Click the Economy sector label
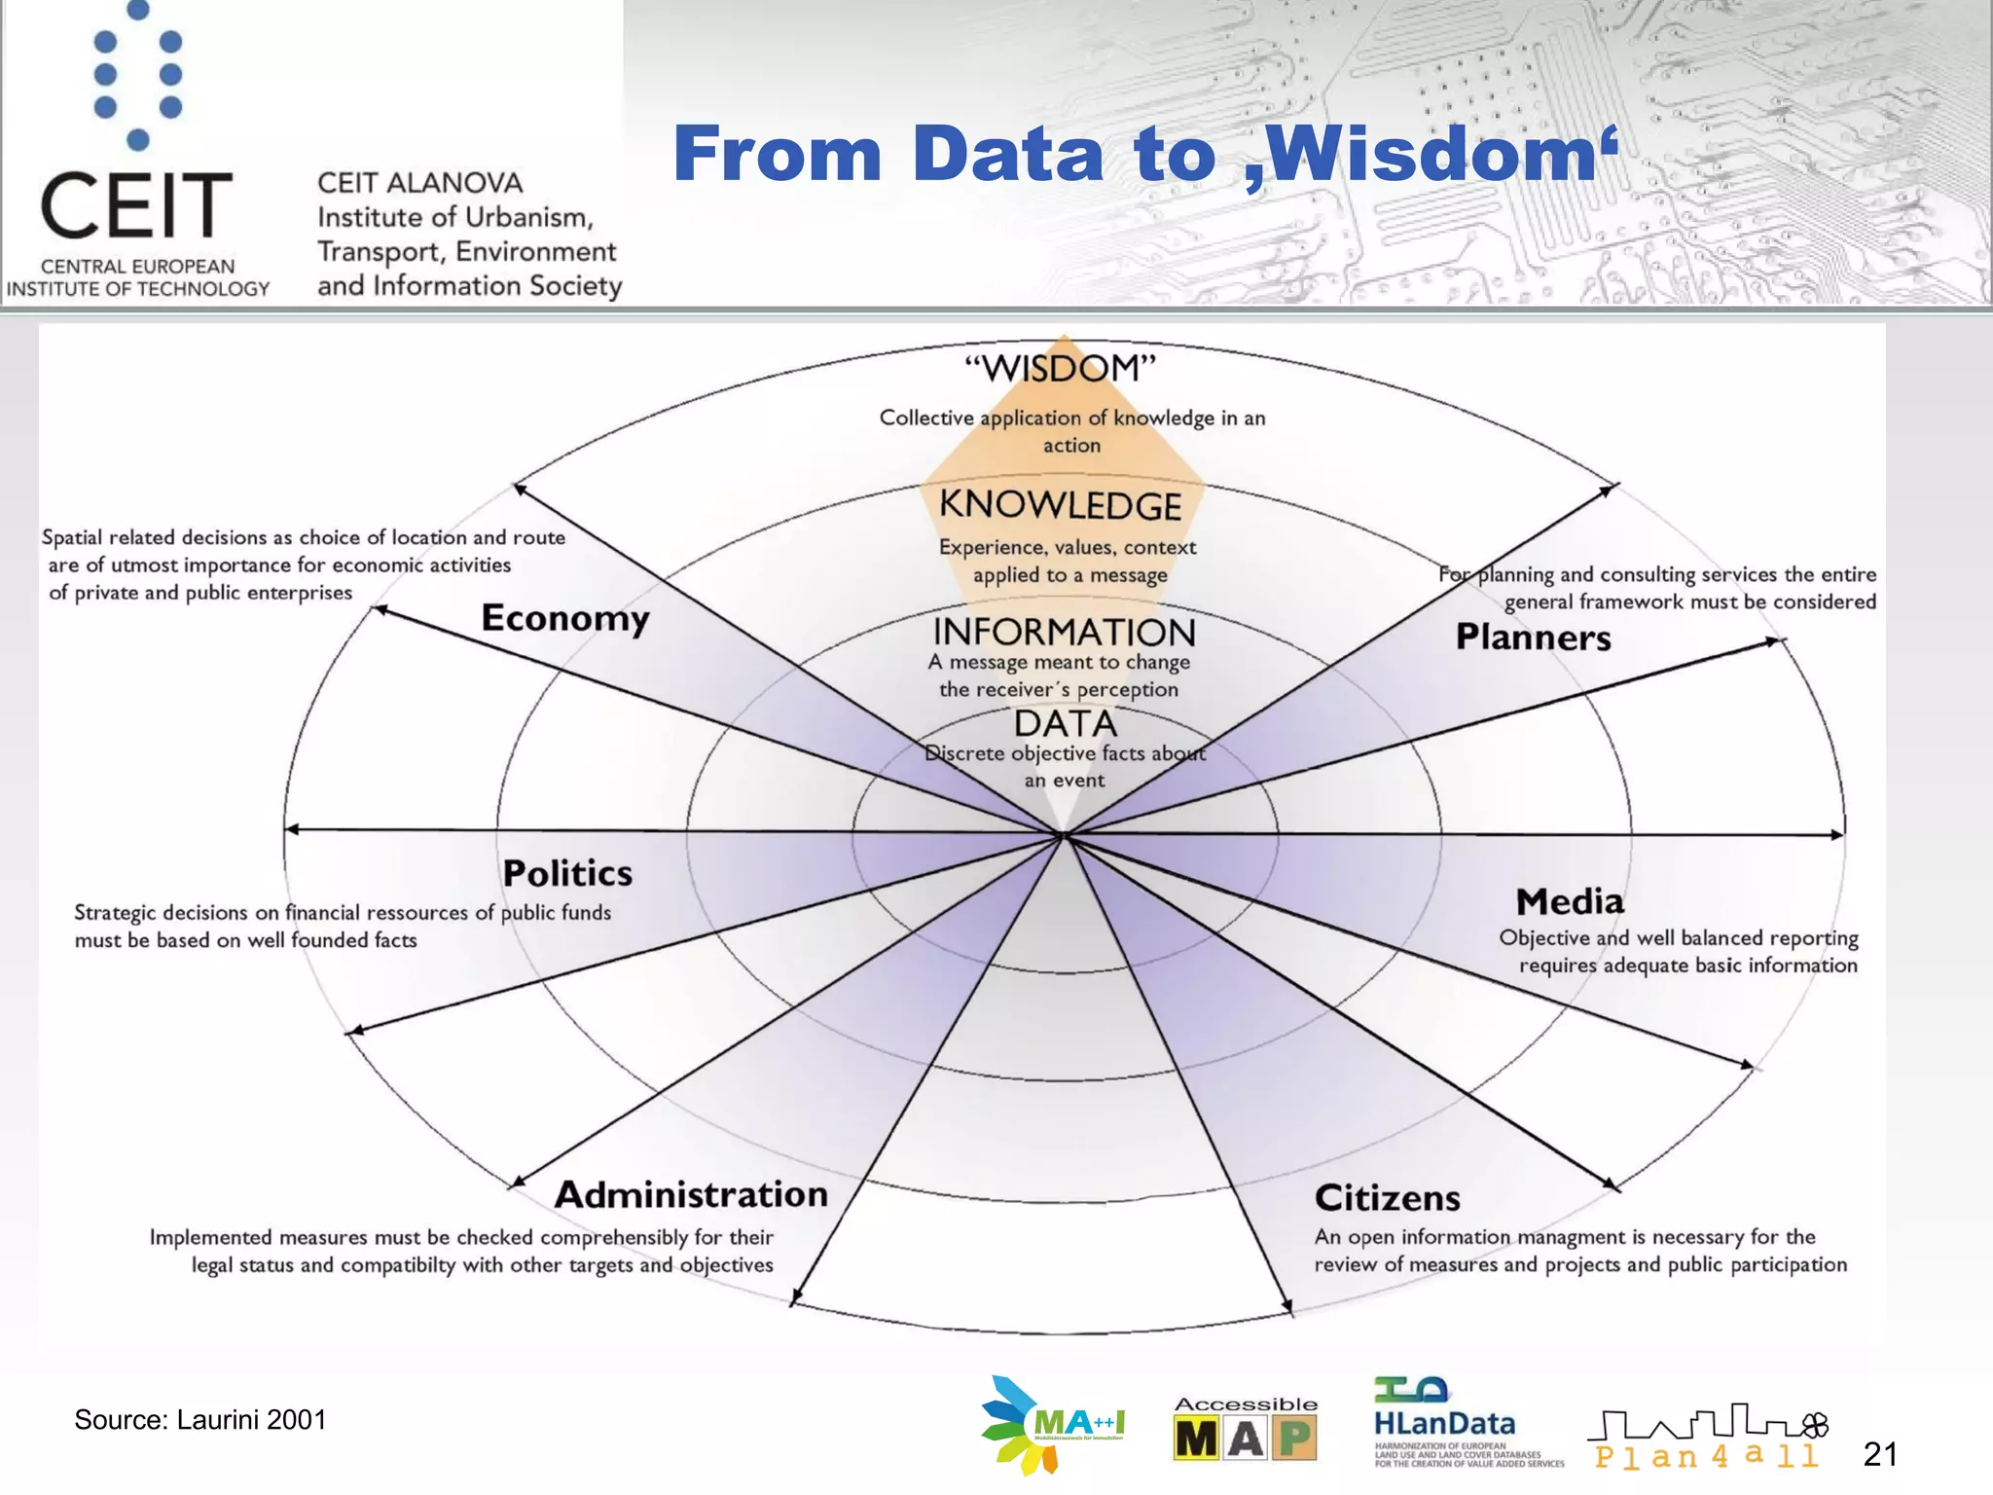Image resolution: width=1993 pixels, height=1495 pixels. pyautogui.click(x=565, y=619)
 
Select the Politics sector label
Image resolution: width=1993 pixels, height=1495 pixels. pyautogui.click(x=567, y=873)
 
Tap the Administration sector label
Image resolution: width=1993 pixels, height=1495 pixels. pyautogui.click(x=691, y=1194)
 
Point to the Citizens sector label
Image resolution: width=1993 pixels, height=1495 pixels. pyautogui.click(x=1387, y=1198)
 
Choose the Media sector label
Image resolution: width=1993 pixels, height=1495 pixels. pyautogui.click(x=1570, y=901)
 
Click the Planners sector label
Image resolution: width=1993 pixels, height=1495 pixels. pyautogui.click(x=1533, y=638)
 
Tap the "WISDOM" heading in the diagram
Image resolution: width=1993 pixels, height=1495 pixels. pyautogui.click(x=1060, y=369)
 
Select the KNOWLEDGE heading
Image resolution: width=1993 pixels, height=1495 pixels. pyautogui.click(x=1060, y=505)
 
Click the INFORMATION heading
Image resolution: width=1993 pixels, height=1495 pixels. pyautogui.click(x=1064, y=633)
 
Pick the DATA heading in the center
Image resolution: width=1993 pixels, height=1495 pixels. pyautogui.click(x=1066, y=724)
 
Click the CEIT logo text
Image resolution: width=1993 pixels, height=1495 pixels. pyautogui.click(x=136, y=206)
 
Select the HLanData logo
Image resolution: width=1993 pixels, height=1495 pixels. pyautogui.click(x=1444, y=1423)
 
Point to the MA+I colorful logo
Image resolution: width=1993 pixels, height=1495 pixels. pyautogui.click(x=1051, y=1425)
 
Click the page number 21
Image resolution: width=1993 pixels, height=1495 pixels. pyautogui.click(x=1879, y=1455)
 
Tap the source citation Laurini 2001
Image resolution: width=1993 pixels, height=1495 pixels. pyautogui.click(x=200, y=1420)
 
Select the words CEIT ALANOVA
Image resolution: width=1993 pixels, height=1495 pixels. pyautogui.click(x=419, y=183)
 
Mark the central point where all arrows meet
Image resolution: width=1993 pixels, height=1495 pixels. pyautogui.click(x=1065, y=835)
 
